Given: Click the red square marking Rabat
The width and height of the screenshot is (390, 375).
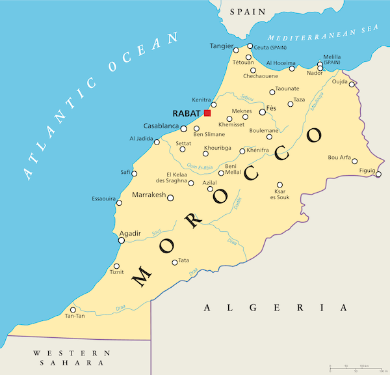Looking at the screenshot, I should [x=207, y=113].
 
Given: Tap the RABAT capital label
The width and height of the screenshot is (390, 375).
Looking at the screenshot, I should [x=187, y=113].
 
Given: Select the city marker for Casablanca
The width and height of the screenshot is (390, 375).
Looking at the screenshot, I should [x=184, y=128].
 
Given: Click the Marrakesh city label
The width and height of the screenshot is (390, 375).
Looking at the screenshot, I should [x=149, y=195].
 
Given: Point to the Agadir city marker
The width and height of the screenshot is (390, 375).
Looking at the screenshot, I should [x=121, y=240].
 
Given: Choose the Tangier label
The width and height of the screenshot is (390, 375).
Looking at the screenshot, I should [x=221, y=46].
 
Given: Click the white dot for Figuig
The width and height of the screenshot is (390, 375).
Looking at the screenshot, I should [x=378, y=174].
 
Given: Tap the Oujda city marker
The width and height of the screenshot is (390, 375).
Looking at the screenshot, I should [x=352, y=84].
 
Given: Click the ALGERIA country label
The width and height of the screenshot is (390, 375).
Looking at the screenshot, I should [x=276, y=307].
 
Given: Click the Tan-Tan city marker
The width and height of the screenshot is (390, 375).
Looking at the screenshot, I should [x=73, y=310].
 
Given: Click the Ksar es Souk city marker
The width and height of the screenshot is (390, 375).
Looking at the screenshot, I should [x=280, y=184].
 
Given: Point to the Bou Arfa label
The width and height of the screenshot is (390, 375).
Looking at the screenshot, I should [x=340, y=157].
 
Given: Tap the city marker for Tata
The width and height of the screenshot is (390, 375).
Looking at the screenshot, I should [x=174, y=262].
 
